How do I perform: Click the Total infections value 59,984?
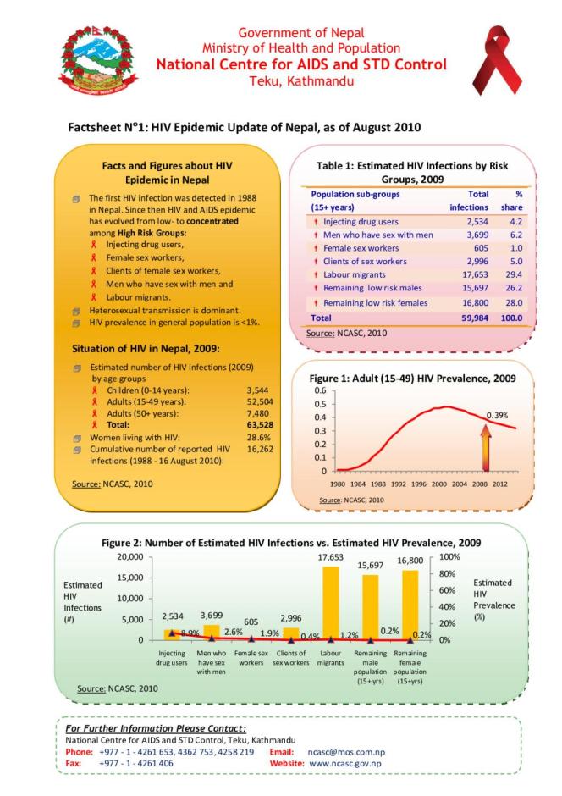pos(471,318)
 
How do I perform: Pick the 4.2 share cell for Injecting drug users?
pos(514,222)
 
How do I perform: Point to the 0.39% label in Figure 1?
pos(497,415)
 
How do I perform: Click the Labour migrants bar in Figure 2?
pos(330,603)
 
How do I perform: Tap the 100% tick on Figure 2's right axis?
pos(449,557)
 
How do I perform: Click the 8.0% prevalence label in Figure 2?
pos(189,633)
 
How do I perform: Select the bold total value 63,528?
pos(257,423)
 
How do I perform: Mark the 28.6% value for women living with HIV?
pos(257,436)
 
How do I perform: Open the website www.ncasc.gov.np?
pos(345,763)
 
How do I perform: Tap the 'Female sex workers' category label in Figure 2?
pos(251,658)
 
